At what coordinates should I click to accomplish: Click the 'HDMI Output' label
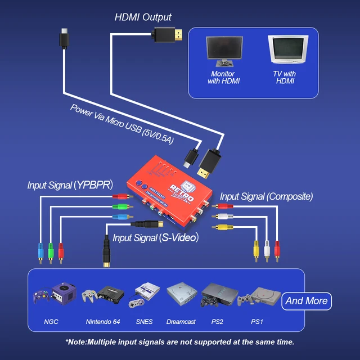(x=143, y=17)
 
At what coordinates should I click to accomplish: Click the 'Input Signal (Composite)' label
(x=266, y=196)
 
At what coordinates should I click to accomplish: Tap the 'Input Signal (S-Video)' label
(x=155, y=238)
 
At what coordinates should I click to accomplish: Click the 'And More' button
(x=307, y=301)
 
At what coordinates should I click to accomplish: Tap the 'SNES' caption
(x=144, y=322)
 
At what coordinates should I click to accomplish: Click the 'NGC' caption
(x=51, y=322)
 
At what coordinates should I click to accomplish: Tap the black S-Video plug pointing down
(x=106, y=251)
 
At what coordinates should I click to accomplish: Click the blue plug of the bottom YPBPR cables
(x=40, y=250)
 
